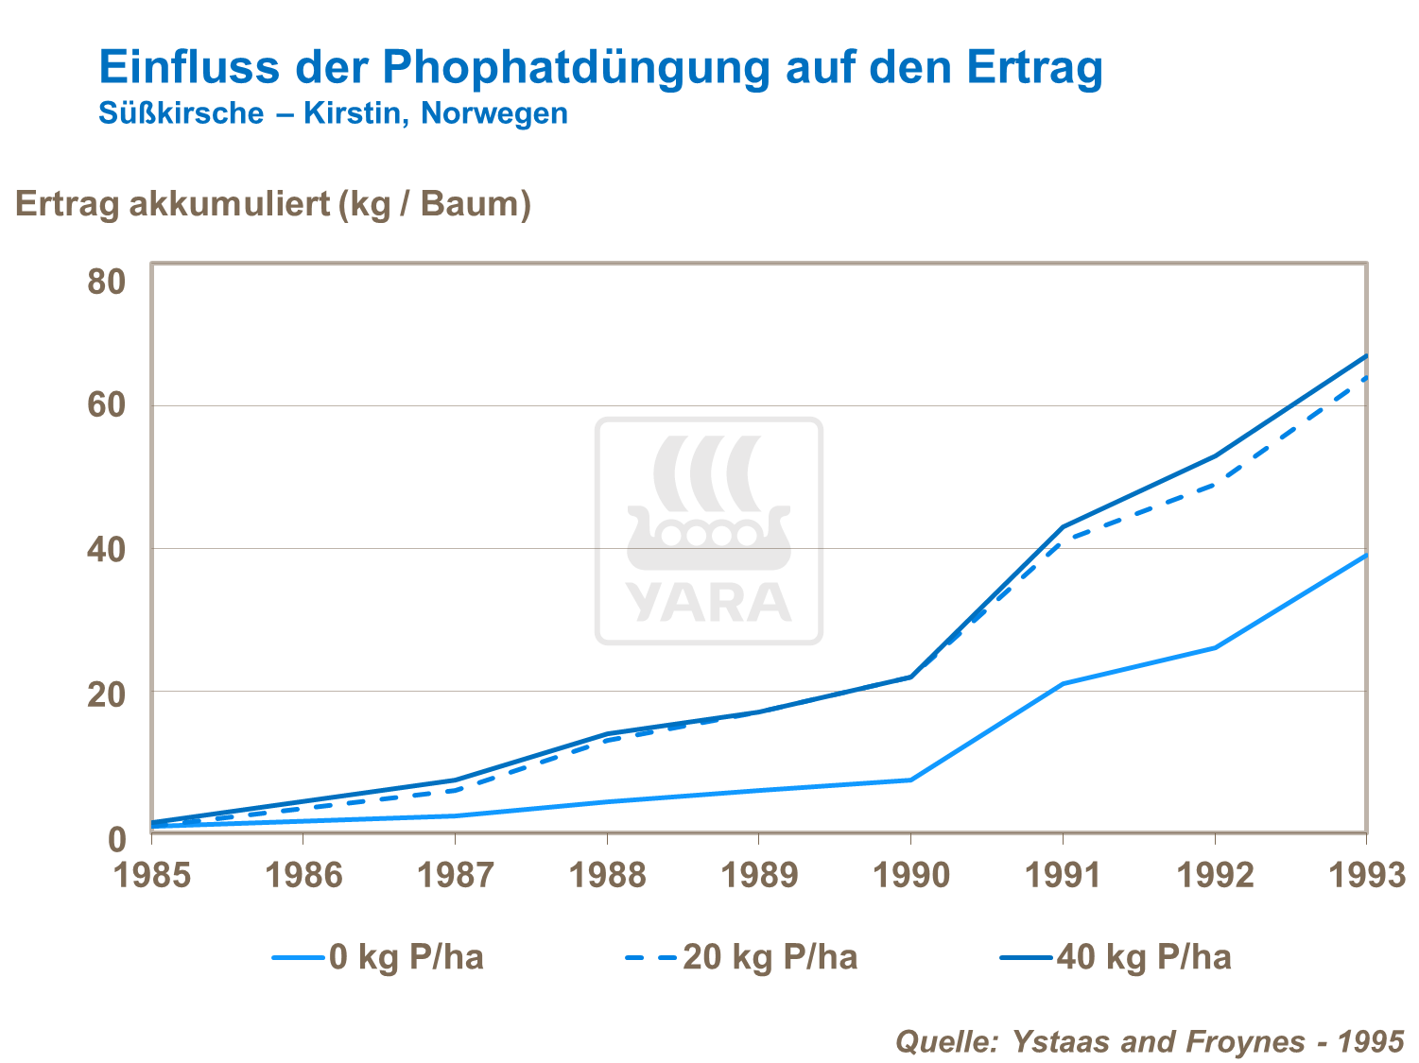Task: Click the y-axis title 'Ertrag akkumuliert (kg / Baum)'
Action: (x=273, y=204)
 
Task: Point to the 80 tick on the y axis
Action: (x=106, y=282)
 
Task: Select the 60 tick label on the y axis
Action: (x=106, y=406)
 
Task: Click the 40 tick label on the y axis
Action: (x=106, y=549)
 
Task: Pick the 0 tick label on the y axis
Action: (x=116, y=838)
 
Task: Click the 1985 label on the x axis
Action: (x=152, y=876)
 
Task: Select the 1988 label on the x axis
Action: (x=607, y=876)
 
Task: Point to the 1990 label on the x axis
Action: (x=910, y=876)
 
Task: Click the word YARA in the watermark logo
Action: (x=708, y=603)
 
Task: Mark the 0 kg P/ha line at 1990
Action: (x=910, y=780)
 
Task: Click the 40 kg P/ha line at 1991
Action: (x=1063, y=526)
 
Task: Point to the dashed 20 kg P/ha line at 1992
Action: (x=1215, y=485)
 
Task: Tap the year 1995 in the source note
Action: (x=1372, y=1041)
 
